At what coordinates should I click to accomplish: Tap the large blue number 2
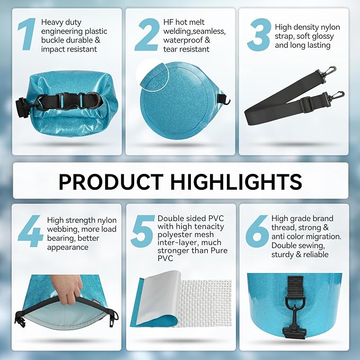[147, 34]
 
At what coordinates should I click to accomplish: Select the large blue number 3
[259, 34]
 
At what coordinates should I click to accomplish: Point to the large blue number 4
[30, 231]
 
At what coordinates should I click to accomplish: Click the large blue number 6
[257, 231]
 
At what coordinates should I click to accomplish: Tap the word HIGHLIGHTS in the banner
[236, 182]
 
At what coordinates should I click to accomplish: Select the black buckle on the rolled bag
[69, 101]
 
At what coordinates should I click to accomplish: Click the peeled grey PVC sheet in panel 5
[159, 298]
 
